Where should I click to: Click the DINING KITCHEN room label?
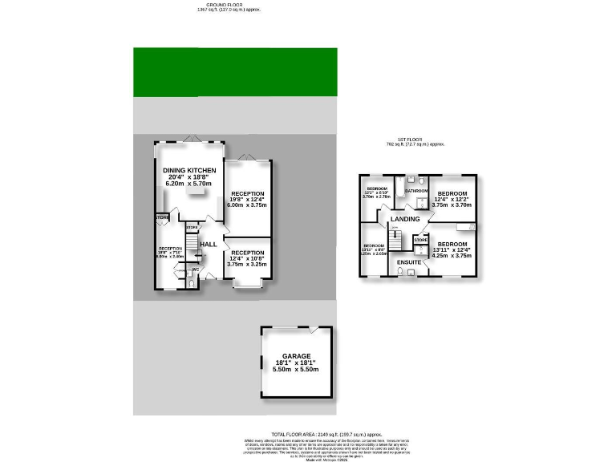(x=189, y=171)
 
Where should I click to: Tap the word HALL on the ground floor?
(x=208, y=245)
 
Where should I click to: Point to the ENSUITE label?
(x=410, y=261)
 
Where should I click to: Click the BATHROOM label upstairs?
(x=415, y=192)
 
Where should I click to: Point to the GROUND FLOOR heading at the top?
(x=229, y=4)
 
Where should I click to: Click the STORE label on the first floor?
(x=419, y=240)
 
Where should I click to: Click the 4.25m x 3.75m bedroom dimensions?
(x=452, y=257)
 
